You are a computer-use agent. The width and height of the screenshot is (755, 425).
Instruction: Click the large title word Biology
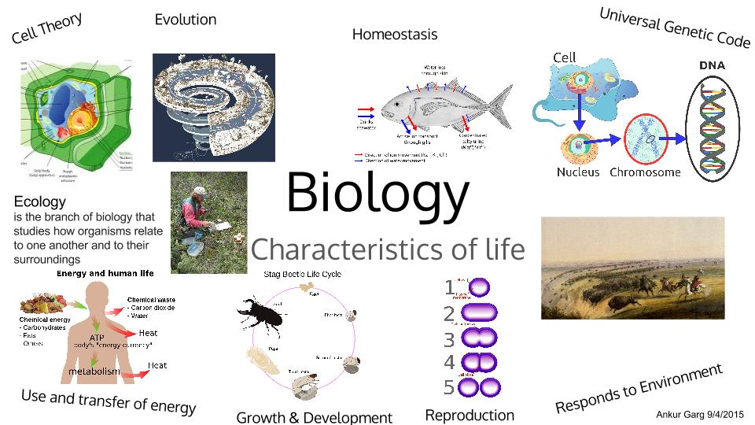pyautogui.click(x=377, y=192)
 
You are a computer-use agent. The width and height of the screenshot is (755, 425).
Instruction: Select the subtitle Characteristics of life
pyautogui.click(x=387, y=249)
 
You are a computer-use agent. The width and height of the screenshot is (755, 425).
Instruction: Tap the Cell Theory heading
pyautogui.click(x=47, y=28)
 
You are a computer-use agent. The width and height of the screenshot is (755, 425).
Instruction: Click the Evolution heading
pyautogui.click(x=186, y=20)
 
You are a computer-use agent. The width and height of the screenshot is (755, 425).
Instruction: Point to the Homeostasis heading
pyautogui.click(x=395, y=35)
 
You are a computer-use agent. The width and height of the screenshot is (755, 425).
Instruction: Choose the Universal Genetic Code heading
pyautogui.click(x=676, y=26)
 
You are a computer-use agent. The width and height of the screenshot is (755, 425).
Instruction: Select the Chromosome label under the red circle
pyautogui.click(x=645, y=172)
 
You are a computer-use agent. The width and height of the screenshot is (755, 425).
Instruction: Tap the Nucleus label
pyautogui.click(x=578, y=172)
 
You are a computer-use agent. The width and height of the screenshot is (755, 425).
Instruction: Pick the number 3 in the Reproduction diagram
pyautogui.click(x=449, y=340)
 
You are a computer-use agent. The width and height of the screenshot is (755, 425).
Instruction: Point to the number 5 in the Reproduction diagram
pyautogui.click(x=449, y=387)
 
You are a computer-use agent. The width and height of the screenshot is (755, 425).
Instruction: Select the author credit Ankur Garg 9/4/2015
pyautogui.click(x=699, y=414)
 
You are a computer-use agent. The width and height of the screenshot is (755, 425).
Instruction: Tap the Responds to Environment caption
pyautogui.click(x=639, y=388)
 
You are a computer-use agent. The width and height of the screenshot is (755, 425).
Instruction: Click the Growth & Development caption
pyautogui.click(x=314, y=417)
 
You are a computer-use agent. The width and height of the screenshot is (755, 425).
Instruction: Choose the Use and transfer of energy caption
pyautogui.click(x=109, y=401)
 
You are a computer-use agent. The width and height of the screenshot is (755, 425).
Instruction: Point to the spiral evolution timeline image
pyautogui.click(x=213, y=102)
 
